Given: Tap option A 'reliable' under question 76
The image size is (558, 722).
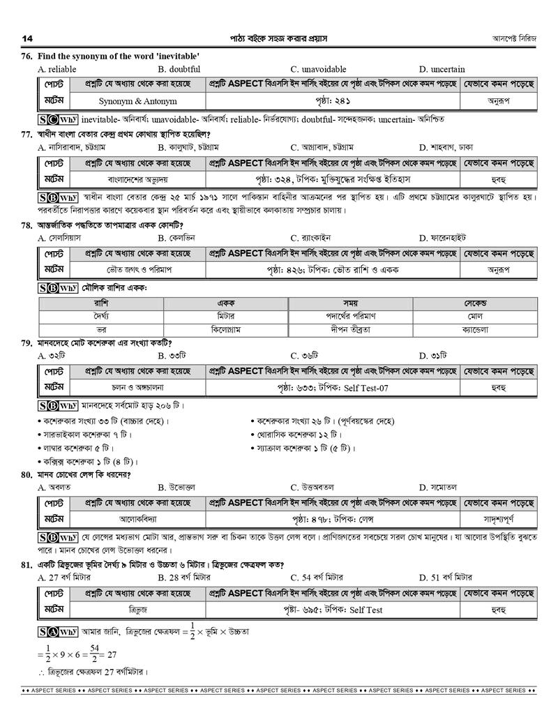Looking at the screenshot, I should click(57, 69).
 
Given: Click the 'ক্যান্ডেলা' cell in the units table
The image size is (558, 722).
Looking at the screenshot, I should click(474, 329).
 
